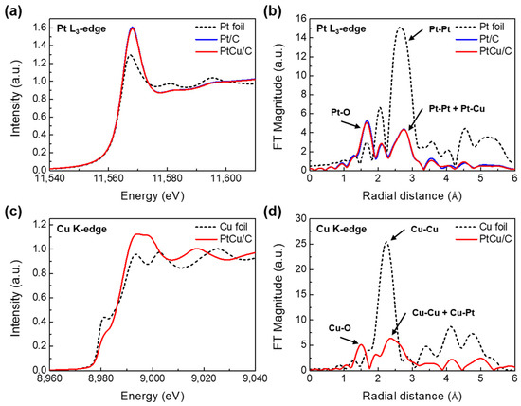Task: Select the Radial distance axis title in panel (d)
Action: [412, 398]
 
